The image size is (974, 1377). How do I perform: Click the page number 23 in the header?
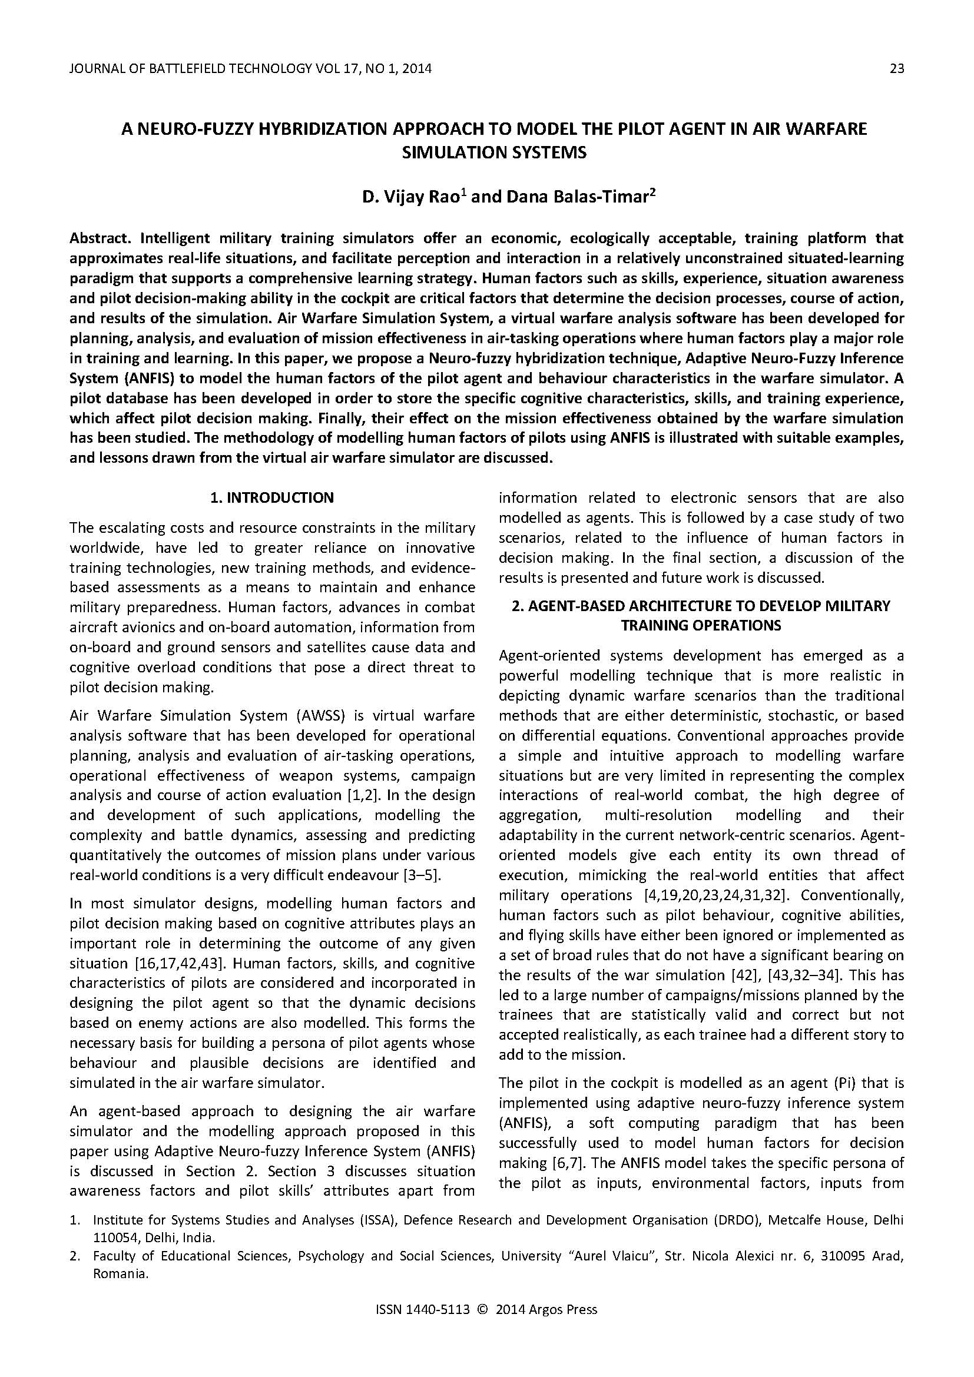(x=896, y=68)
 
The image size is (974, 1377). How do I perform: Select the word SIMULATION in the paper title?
(x=441, y=152)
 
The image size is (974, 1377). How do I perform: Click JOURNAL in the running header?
(x=94, y=68)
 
